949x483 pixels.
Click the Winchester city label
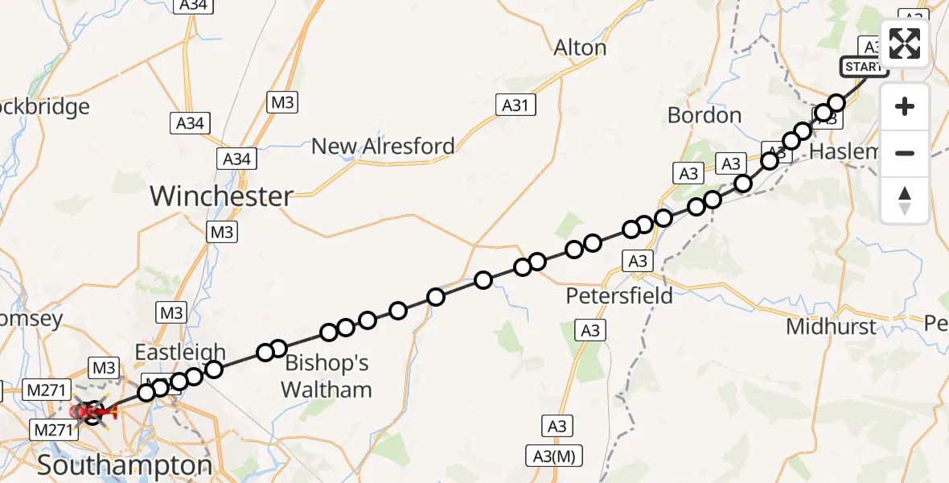coord(221,196)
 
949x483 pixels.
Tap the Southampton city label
coord(125,465)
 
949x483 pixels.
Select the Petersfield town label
coord(619,295)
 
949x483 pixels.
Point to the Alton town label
coord(580,48)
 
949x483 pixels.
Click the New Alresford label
coord(383,147)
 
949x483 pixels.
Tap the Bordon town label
coord(705,115)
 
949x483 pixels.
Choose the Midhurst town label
coord(832,326)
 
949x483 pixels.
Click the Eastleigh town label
coord(180,353)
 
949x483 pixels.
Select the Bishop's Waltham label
coord(327,377)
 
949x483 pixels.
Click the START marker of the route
coord(864,67)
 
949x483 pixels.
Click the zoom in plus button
coord(905,106)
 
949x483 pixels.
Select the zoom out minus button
coord(905,153)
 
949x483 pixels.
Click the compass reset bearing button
coord(905,200)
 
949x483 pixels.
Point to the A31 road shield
coord(515,105)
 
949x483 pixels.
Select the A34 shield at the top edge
coord(192,5)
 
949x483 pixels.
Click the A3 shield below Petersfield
coord(590,330)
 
